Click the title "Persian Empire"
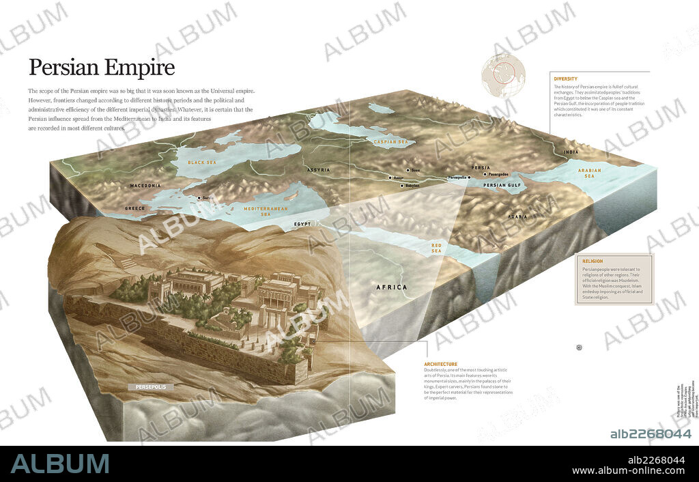[x=101, y=68]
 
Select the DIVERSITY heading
[x=566, y=79]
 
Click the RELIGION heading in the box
[x=593, y=261]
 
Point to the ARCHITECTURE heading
[x=441, y=364]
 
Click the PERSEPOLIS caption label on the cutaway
[x=150, y=387]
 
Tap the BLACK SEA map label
[x=201, y=163]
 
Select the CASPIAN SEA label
[x=390, y=141]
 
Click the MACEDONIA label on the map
[x=145, y=186]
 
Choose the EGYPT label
[x=302, y=224]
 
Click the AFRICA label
[x=392, y=287]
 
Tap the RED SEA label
[x=436, y=248]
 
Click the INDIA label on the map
[x=570, y=152]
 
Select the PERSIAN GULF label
[x=502, y=185]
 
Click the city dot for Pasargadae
[x=485, y=174]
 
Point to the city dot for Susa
[x=408, y=170]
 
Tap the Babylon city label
[x=412, y=185]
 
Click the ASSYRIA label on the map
[x=319, y=169]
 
